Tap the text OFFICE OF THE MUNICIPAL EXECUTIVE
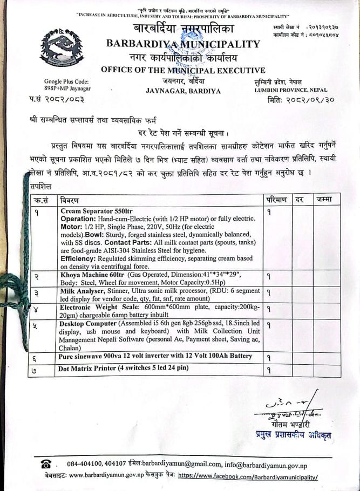[183, 70]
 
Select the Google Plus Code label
[66, 81]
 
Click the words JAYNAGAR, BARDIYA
[183, 91]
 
